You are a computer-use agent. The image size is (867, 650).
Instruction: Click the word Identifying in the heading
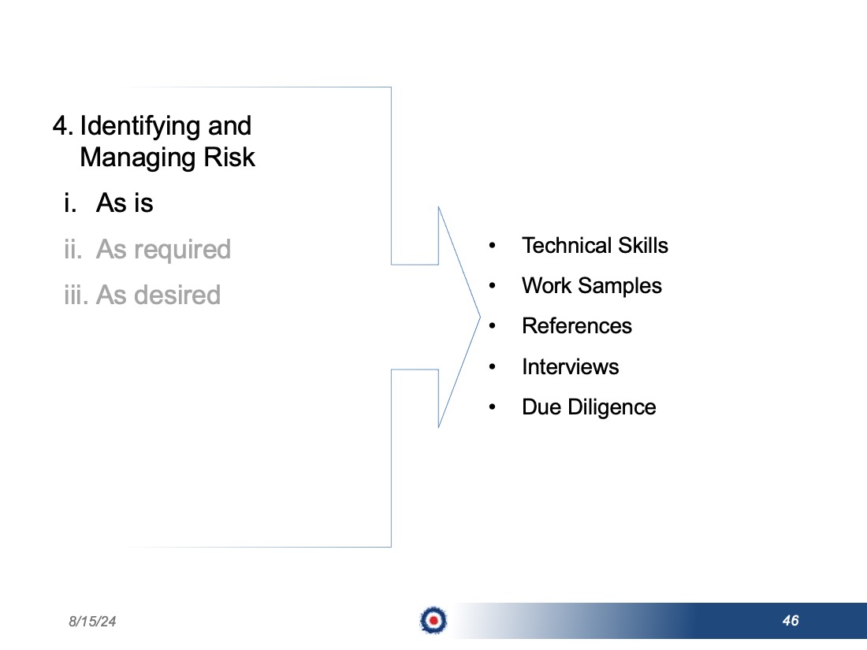click(x=140, y=127)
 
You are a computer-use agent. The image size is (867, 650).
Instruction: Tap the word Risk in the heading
click(x=229, y=157)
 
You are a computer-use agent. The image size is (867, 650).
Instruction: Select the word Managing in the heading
click(x=139, y=158)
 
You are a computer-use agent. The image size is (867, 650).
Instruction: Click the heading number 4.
click(x=62, y=126)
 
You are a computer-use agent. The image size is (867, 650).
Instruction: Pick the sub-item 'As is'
click(x=125, y=202)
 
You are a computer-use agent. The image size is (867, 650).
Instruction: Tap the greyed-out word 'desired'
click(x=177, y=295)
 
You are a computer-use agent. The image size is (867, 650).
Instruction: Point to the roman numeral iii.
click(x=76, y=295)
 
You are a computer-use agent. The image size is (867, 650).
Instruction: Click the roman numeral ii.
click(x=73, y=249)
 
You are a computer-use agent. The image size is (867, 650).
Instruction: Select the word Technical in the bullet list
click(x=567, y=245)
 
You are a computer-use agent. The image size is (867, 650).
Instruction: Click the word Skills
click(x=643, y=245)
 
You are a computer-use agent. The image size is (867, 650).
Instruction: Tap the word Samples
click(x=620, y=287)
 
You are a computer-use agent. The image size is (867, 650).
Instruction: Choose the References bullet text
click(x=577, y=326)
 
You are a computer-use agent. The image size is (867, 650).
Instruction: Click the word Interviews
click(x=571, y=367)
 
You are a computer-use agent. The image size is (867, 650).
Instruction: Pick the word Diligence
click(x=612, y=408)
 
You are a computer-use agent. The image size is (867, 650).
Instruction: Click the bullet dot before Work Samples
click(x=492, y=286)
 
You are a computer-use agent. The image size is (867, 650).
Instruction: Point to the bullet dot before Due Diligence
click(x=492, y=407)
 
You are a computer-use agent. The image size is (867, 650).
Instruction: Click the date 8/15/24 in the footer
click(x=92, y=622)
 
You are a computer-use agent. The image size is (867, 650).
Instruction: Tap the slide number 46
click(x=791, y=621)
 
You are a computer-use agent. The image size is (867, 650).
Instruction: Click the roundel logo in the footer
click(x=433, y=620)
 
